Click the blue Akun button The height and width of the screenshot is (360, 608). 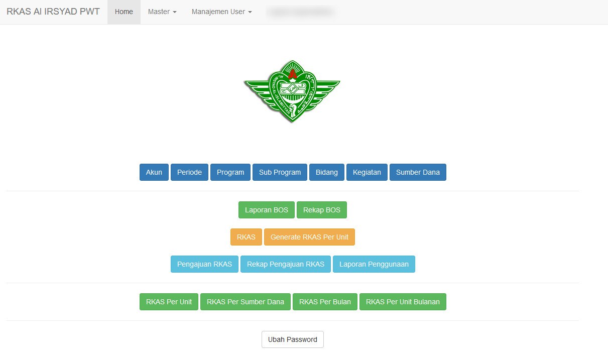point(154,172)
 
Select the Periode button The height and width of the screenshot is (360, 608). point(189,172)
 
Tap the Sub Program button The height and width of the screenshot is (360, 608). point(280,172)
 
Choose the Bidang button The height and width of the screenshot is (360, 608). point(327,172)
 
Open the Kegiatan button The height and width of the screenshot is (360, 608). point(367,172)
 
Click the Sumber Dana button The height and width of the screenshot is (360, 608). point(418,172)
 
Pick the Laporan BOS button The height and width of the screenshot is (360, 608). point(267,210)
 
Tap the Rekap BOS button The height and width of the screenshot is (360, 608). point(322,210)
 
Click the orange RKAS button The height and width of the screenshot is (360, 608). point(246,237)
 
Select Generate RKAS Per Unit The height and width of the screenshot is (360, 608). point(309,237)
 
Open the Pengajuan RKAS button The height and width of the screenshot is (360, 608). point(204,264)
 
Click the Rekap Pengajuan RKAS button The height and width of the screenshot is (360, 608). point(286,264)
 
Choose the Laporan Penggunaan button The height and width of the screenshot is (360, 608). point(374,264)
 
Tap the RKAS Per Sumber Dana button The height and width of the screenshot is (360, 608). point(246,302)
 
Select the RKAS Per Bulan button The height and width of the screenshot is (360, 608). point(325,302)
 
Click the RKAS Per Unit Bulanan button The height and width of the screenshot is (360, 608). point(403,302)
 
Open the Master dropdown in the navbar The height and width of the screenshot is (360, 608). point(162,12)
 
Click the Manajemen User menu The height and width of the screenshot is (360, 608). point(221,12)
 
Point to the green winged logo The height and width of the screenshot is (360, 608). point(292,91)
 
